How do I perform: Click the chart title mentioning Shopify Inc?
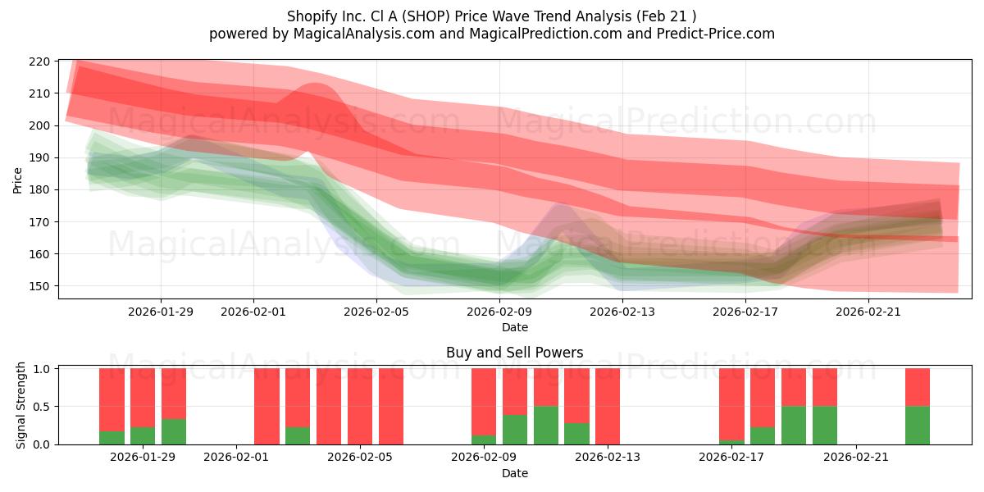point(492,16)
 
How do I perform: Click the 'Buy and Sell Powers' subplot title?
point(514,353)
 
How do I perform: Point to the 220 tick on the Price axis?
point(41,61)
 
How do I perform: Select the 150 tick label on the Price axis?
point(41,286)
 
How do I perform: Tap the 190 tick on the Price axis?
point(41,157)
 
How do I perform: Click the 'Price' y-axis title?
point(17,180)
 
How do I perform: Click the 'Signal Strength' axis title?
point(21,405)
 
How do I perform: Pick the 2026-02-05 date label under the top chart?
point(376,312)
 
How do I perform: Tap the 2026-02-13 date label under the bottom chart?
point(608,458)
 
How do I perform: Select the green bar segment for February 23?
point(918,425)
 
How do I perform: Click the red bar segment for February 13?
point(608,406)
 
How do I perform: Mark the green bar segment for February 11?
point(546,425)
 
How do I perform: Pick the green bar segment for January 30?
point(174,431)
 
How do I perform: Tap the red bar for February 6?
point(391,406)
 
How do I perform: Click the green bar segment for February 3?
point(298,435)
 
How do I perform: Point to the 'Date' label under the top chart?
point(514,327)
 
